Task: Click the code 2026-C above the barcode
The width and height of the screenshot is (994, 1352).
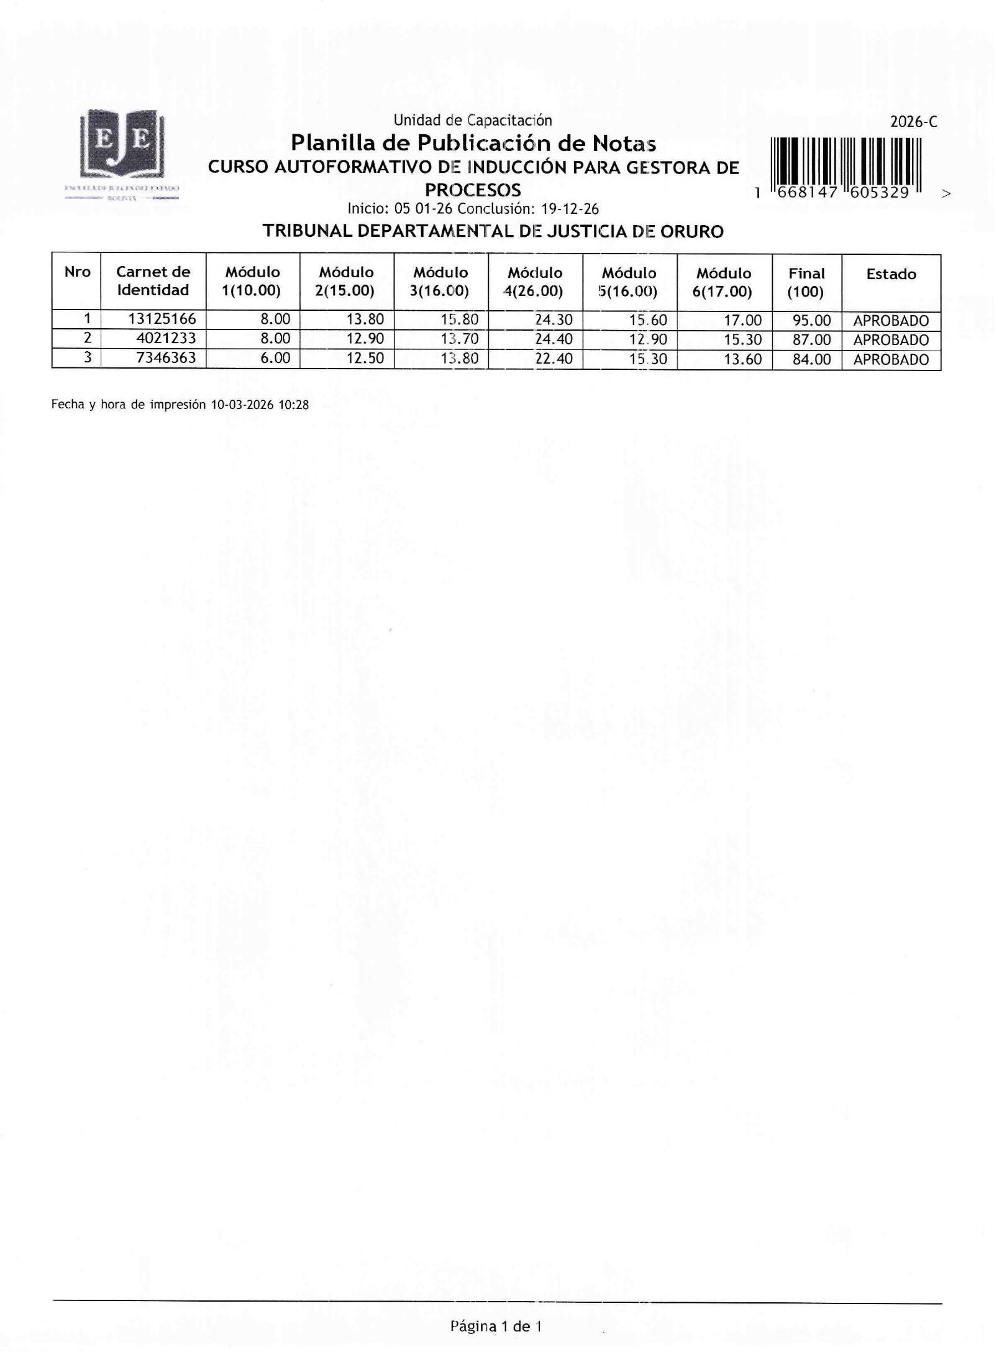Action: pos(913,122)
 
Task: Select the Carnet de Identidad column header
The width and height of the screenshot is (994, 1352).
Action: pos(153,281)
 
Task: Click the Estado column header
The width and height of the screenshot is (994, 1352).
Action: pos(891,274)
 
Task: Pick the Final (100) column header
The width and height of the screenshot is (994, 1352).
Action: pos(806,283)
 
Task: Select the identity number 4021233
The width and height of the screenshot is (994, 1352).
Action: pos(166,338)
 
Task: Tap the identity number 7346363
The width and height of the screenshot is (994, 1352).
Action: pos(166,357)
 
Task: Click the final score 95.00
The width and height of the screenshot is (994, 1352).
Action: pos(811,321)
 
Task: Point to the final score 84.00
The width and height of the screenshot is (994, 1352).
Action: pos(811,359)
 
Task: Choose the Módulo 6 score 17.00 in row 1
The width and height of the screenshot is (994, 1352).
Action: pos(742,320)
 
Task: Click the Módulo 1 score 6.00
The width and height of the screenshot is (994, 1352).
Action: pos(275,358)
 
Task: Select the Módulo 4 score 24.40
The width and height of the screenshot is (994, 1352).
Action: pos(554,339)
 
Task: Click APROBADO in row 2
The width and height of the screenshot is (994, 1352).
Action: pos(891,340)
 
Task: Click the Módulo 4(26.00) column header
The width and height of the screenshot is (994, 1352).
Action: pos(535,282)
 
